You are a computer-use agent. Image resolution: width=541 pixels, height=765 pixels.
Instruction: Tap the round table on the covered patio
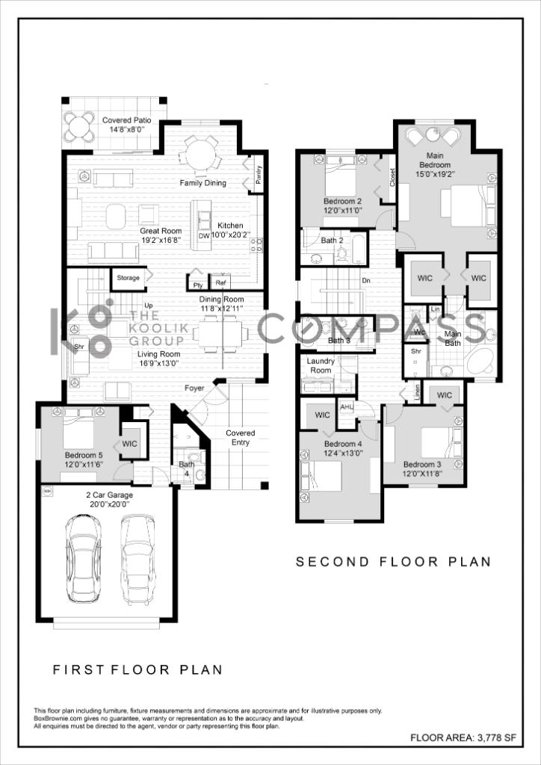[78, 127]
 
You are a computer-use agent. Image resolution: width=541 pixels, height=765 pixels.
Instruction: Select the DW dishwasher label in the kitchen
[204, 235]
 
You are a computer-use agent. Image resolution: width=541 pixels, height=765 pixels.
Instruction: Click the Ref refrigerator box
[220, 282]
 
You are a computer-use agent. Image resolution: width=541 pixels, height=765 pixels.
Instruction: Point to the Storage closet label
[129, 278]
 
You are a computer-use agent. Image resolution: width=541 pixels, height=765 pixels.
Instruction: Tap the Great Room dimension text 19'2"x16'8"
[161, 240]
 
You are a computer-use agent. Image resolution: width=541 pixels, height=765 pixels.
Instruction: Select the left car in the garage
[84, 559]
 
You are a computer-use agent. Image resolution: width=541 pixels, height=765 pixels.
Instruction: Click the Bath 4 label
[186, 468]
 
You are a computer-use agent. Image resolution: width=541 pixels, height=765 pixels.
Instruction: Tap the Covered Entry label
[240, 438]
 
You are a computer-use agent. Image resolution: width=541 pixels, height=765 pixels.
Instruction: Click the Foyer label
[194, 388]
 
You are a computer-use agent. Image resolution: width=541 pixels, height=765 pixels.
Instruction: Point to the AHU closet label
[347, 407]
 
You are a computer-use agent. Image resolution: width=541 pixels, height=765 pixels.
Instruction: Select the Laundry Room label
[320, 365]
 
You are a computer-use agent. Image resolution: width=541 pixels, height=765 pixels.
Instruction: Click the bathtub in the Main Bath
[480, 361]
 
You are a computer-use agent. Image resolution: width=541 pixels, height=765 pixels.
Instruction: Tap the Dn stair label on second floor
[366, 281]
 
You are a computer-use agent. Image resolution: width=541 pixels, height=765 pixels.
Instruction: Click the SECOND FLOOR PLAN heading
[393, 562]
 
